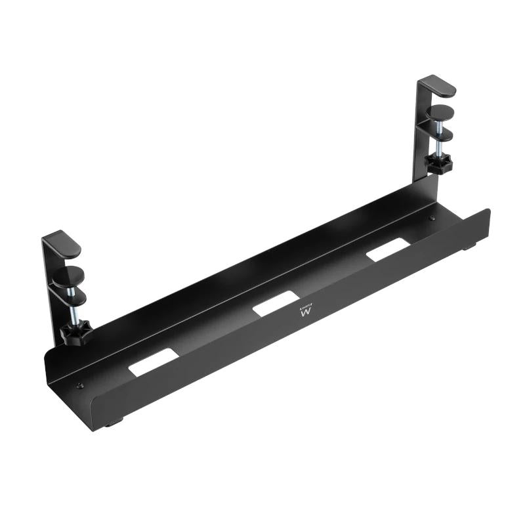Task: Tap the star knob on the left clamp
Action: pos(75,334)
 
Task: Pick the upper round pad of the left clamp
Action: pos(69,275)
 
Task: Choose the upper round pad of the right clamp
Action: pos(440,111)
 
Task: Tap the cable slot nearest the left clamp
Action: pos(154,362)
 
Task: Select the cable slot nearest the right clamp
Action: pos(388,249)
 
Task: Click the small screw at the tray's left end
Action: pos(80,386)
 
